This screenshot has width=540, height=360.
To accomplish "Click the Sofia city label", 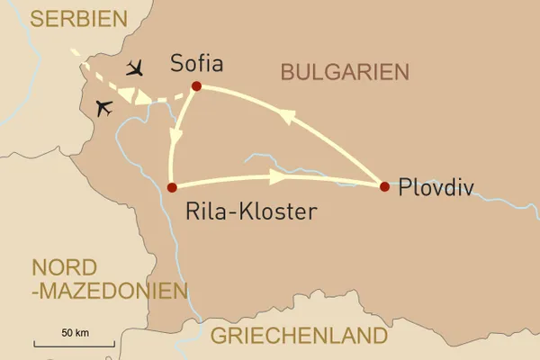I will [196, 65].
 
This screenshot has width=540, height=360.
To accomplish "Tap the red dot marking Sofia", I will [196, 86].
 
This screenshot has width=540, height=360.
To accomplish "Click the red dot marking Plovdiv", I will [384, 186].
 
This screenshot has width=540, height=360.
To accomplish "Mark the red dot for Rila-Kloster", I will [172, 187].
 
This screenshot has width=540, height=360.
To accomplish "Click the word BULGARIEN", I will [345, 72].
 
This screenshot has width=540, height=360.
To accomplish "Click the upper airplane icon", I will [137, 67].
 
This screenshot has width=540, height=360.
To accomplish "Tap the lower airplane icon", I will [103, 107].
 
